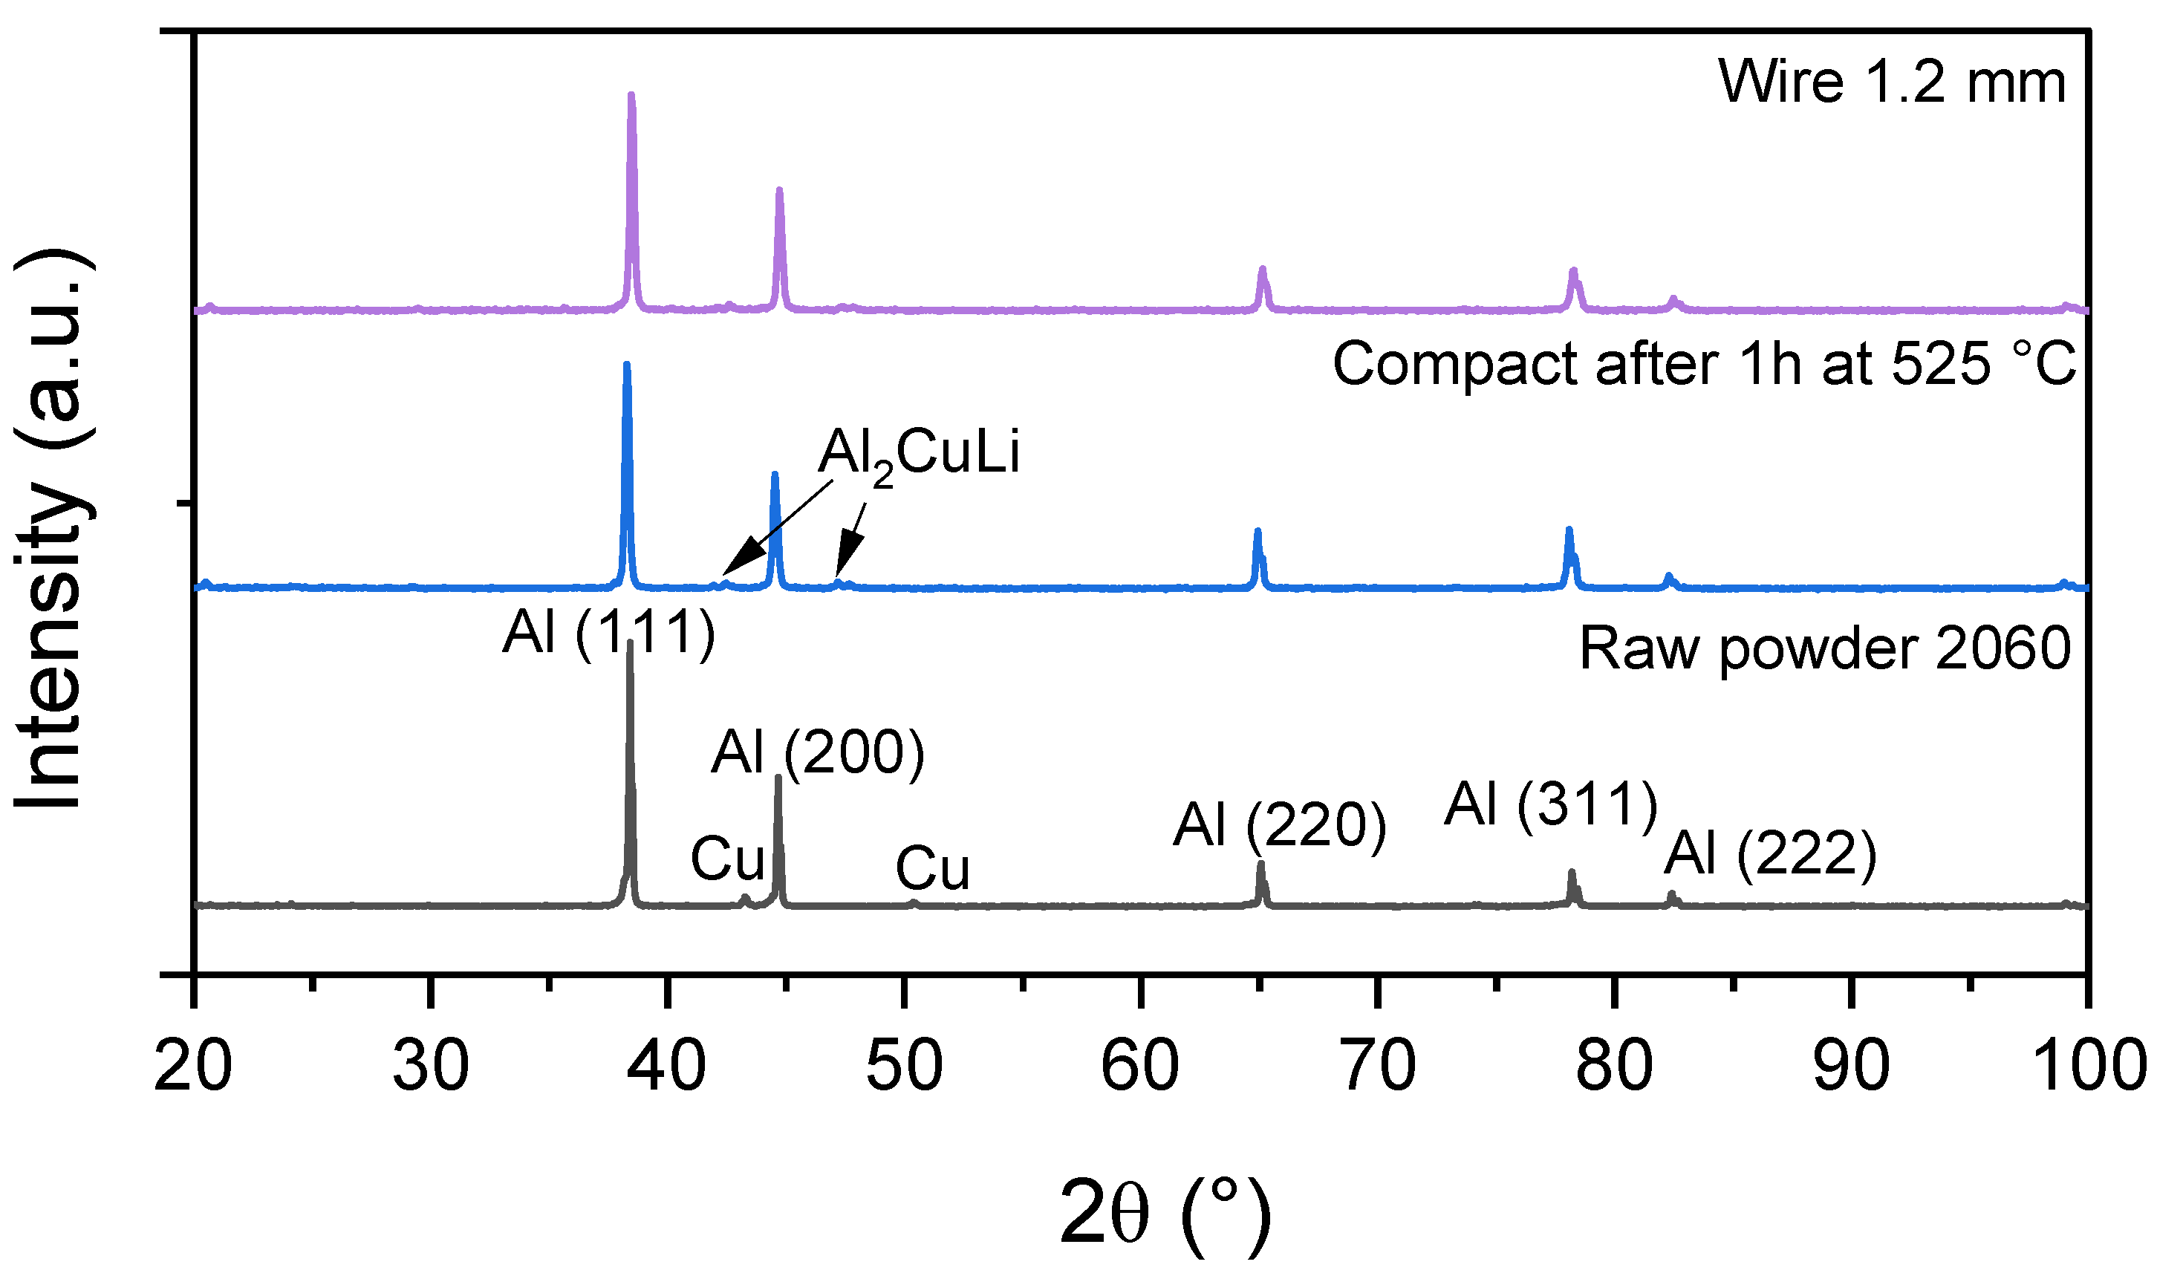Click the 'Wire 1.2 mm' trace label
point(1891,83)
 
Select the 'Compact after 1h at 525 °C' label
point(1704,365)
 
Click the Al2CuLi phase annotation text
point(918,454)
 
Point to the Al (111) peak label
point(608,634)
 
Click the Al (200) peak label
point(817,753)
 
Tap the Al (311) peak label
point(1550,806)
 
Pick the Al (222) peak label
point(1769,855)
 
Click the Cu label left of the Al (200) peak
point(727,859)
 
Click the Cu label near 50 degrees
point(933,868)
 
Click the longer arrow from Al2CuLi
point(778,527)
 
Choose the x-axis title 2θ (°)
point(1165,1216)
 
